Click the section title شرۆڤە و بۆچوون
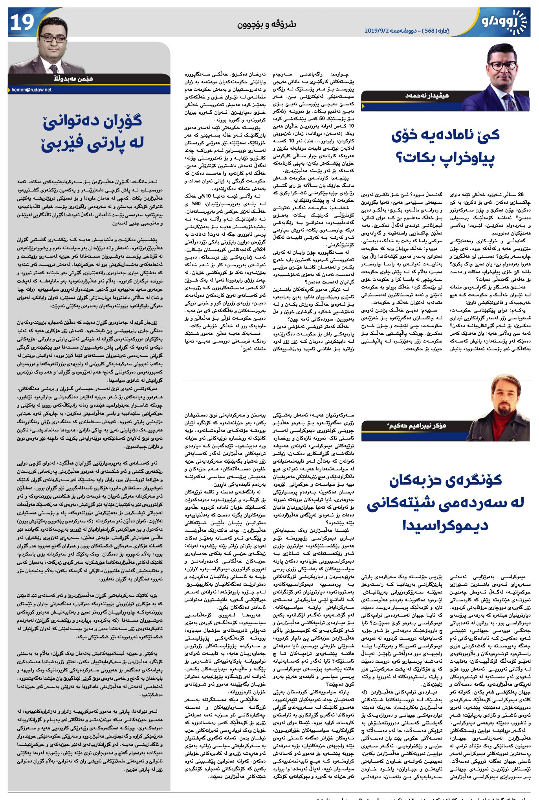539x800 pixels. (x=266, y=24)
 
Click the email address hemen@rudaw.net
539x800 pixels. (x=31, y=90)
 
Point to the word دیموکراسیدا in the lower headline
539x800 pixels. (x=445, y=525)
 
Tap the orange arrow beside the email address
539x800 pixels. (x=9, y=90)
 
